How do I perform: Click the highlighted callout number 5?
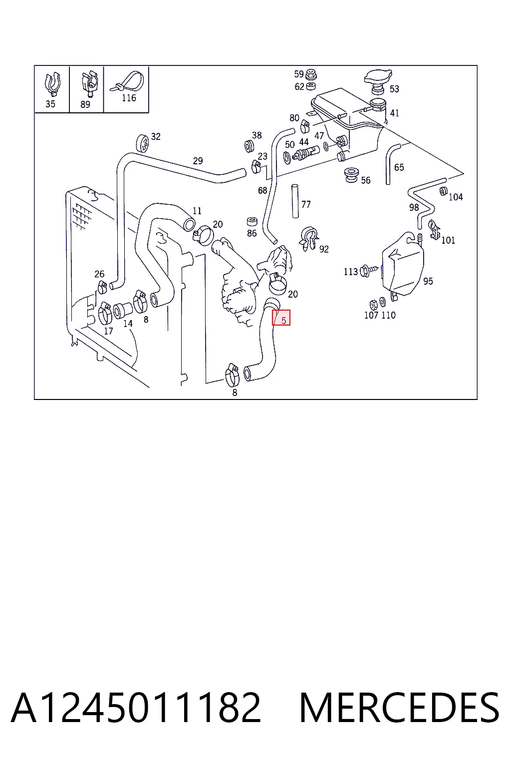tap(283, 321)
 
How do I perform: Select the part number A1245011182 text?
tap(136, 708)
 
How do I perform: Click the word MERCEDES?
tap(399, 708)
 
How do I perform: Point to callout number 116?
tap(129, 98)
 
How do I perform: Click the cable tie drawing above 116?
tap(127, 81)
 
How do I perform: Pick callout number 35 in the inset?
tap(50, 104)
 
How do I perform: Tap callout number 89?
tap(85, 104)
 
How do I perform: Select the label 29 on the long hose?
tap(198, 161)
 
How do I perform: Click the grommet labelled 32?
tap(143, 143)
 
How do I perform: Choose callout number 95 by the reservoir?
tap(428, 281)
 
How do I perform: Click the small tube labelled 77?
tap(295, 201)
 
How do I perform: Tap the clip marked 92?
tap(309, 237)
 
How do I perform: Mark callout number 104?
tap(456, 197)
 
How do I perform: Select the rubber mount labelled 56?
tap(351, 175)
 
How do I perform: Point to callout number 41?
tap(394, 113)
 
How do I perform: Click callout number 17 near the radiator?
tap(108, 331)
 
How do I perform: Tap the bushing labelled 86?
tap(252, 222)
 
